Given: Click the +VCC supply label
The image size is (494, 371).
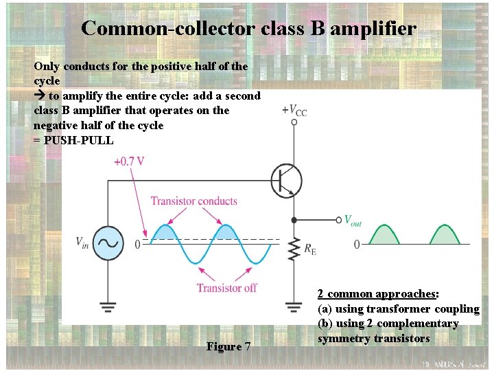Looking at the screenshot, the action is click(x=294, y=111).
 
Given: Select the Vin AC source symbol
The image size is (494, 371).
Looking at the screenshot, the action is click(x=108, y=243).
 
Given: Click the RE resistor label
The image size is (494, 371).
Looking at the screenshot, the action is click(x=309, y=248).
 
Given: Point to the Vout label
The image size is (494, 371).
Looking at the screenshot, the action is click(x=352, y=220).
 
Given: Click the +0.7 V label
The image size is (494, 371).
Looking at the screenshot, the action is click(x=130, y=162).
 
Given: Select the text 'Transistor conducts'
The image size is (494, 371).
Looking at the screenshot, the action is click(x=194, y=201).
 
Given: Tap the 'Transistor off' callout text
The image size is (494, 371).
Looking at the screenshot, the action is click(x=226, y=288).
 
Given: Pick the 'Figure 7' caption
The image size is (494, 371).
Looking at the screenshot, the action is click(x=228, y=346).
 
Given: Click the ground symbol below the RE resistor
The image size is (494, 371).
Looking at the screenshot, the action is click(x=294, y=304).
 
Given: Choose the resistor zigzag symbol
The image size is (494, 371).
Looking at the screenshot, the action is click(x=294, y=249).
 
